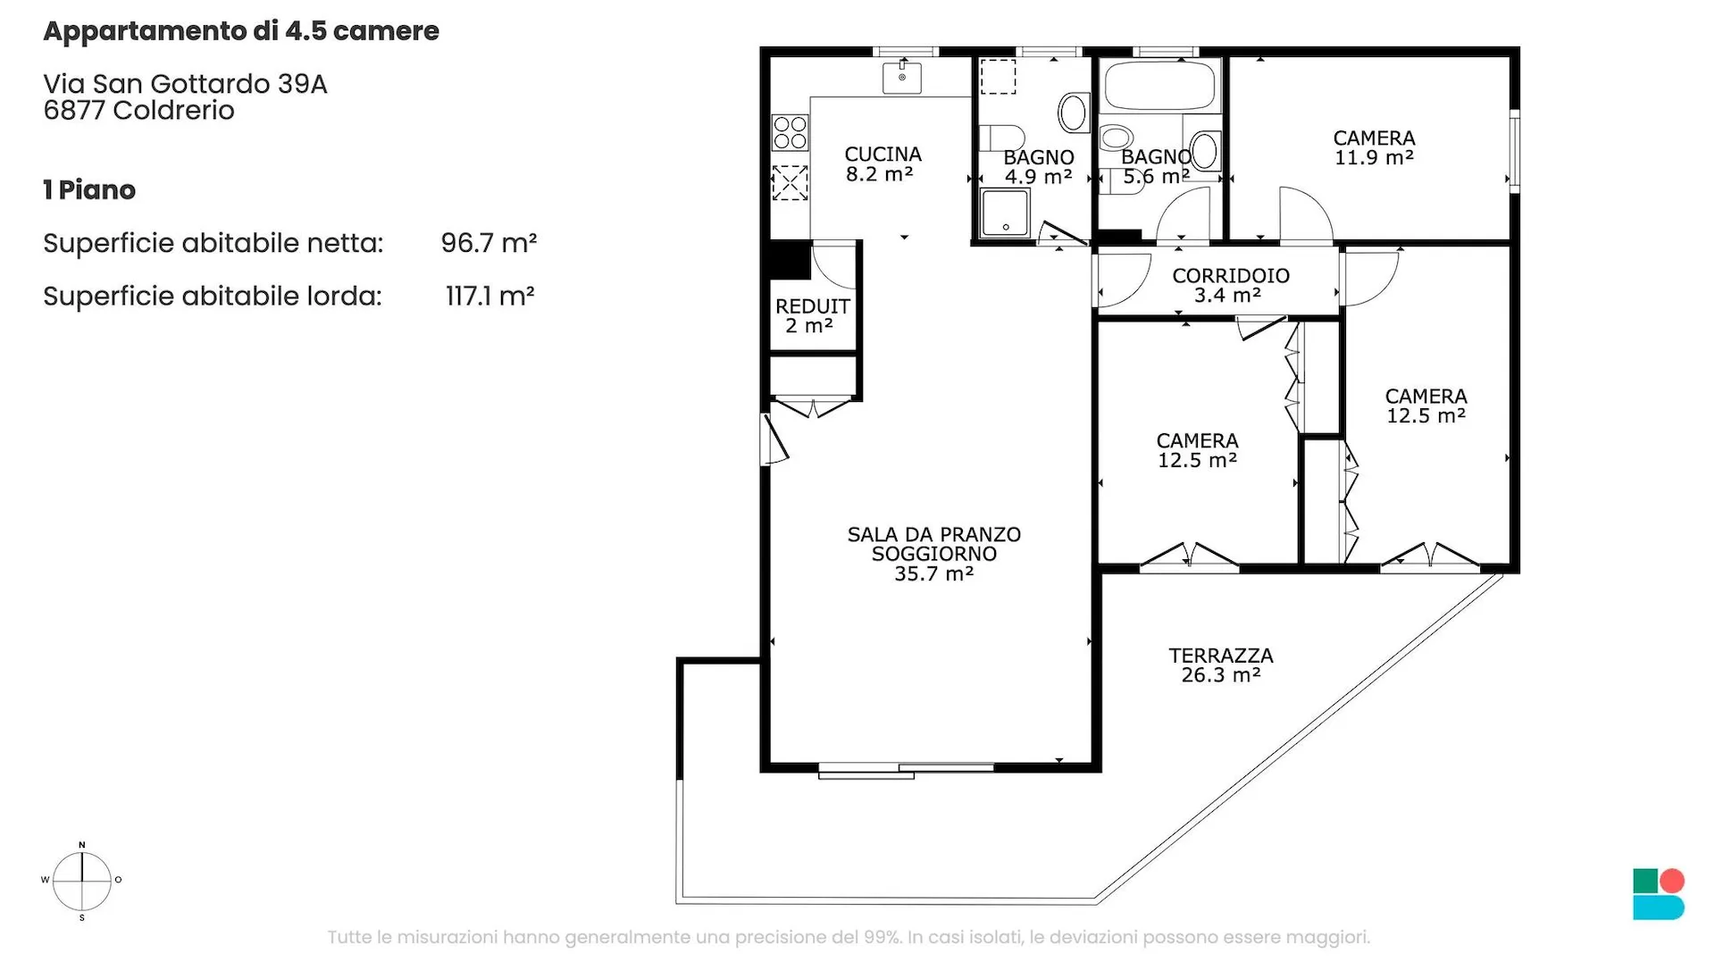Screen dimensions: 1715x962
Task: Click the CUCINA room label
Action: [x=883, y=155]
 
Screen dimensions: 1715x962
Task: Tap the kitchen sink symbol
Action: [x=902, y=78]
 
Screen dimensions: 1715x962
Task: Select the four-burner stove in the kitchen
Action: [x=790, y=132]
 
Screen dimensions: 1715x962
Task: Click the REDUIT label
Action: [x=812, y=306]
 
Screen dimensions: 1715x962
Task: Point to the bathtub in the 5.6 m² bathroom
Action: [x=1159, y=86]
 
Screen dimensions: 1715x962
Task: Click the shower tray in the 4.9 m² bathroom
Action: [x=1005, y=213]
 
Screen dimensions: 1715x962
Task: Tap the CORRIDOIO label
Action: [x=1230, y=276]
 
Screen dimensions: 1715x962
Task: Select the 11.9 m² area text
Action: [x=1374, y=158]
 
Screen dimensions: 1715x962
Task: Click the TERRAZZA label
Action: [x=1221, y=656]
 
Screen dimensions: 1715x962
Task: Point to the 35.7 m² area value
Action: [x=933, y=573]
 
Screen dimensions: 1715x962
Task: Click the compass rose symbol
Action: [x=82, y=881]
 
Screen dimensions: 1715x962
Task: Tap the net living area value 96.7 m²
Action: [x=489, y=243]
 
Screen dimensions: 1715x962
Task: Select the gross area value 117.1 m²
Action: [x=489, y=296]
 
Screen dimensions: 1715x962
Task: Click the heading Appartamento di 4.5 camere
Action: [x=241, y=31]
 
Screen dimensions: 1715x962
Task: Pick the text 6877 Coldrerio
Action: [x=138, y=110]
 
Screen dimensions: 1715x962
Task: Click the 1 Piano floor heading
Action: [x=89, y=189]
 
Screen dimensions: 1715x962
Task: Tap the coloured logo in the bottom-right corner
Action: [x=1659, y=894]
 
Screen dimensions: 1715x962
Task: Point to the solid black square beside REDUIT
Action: [x=790, y=261]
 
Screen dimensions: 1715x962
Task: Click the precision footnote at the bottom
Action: [x=849, y=937]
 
